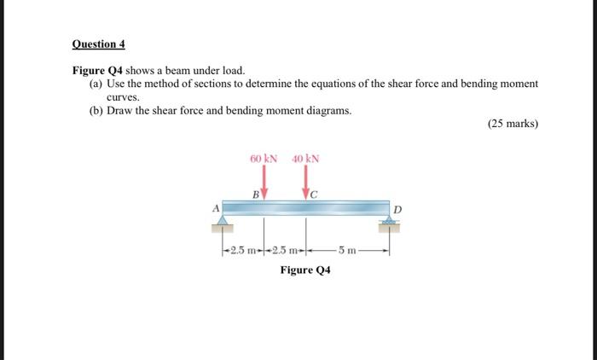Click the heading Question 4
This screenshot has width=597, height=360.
coord(98,44)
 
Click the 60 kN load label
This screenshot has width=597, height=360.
coord(264,159)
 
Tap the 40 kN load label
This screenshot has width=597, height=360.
coord(305,159)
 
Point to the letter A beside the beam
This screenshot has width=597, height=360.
coord(216,207)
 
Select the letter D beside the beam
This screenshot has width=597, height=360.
coord(396,209)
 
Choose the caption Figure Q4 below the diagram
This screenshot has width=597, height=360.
coord(305,270)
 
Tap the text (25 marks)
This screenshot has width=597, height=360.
coord(513,124)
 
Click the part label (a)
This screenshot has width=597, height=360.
coord(96,84)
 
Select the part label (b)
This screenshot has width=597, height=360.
coord(96,111)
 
